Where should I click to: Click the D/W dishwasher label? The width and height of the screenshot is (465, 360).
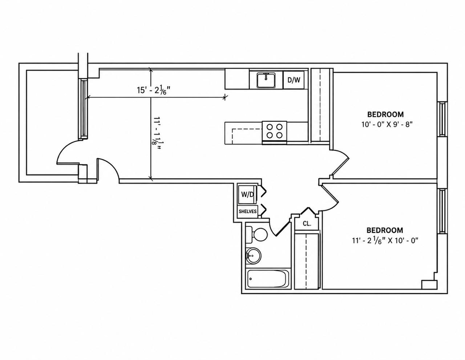point(294,80)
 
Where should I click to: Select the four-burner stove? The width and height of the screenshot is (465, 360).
point(274,131)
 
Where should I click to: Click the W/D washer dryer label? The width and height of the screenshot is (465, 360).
point(247,195)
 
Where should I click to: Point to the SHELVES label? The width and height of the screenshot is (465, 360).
point(247,212)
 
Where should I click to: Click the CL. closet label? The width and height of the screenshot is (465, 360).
point(307,224)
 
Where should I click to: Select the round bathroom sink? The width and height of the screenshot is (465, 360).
point(253,255)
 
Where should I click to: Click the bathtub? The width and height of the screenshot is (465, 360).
point(268,279)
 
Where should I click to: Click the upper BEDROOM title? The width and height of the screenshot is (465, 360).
point(386,114)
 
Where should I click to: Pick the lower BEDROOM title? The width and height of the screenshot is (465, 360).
point(385,230)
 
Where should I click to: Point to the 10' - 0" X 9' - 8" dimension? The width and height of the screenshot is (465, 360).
point(387,125)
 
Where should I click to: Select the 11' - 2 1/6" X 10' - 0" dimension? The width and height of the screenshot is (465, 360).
point(385,240)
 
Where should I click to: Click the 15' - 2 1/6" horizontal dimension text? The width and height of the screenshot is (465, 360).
point(153,90)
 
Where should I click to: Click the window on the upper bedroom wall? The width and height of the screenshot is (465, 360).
point(442,119)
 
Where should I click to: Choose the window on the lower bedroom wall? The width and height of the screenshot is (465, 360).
point(442,211)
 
